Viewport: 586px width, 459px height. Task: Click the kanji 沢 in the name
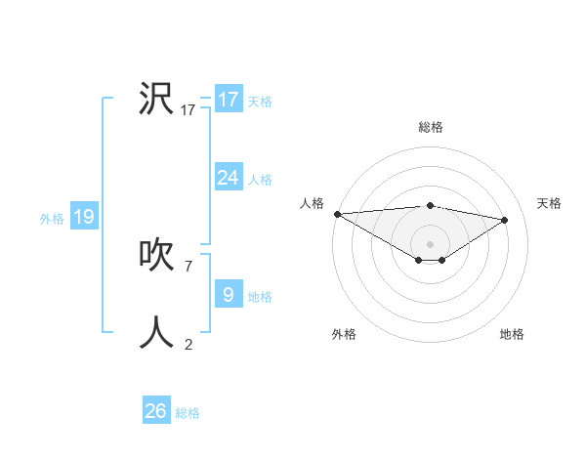156,99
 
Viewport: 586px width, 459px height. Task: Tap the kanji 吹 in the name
156,255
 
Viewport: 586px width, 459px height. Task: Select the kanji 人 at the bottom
156,333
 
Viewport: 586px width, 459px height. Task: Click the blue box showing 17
229,100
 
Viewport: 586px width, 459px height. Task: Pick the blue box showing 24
229,178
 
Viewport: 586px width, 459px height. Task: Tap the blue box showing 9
229,295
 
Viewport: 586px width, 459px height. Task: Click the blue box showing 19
84,217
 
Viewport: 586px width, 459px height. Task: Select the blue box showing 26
156,411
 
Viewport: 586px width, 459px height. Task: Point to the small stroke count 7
188,266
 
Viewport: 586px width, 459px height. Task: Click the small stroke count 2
188,344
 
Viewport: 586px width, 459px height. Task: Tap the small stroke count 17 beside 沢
188,110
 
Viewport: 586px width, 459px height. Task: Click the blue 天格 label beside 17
260,102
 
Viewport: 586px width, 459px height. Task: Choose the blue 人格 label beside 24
260,180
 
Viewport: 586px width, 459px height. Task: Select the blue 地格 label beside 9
260,297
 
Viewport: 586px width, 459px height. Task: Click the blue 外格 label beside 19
52,219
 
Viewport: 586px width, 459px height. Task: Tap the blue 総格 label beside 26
188,413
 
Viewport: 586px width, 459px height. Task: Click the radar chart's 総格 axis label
430,127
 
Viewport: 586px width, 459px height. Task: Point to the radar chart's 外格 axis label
344,334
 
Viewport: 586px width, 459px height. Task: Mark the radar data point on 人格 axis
337,214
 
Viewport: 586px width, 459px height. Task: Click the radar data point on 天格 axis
505,220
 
